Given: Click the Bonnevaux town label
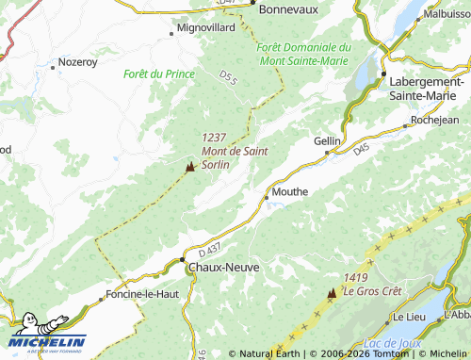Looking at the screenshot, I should pos(288,8).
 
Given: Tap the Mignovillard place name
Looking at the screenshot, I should pos(207,29).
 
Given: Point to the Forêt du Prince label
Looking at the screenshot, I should pos(158,74).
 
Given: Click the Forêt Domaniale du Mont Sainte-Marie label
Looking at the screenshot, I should pos(303,54).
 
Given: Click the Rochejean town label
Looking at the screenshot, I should pos(435,122).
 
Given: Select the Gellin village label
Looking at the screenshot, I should pos(327,140).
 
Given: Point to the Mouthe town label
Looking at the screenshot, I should pos(289,191).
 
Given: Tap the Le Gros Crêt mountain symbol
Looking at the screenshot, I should pos(331,294).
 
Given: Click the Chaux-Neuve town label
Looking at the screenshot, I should pos(224,268).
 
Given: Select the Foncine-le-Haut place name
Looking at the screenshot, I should pos(143,293).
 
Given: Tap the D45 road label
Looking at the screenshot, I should pos(363,149).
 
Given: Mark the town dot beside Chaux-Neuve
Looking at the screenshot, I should pos(182,261).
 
